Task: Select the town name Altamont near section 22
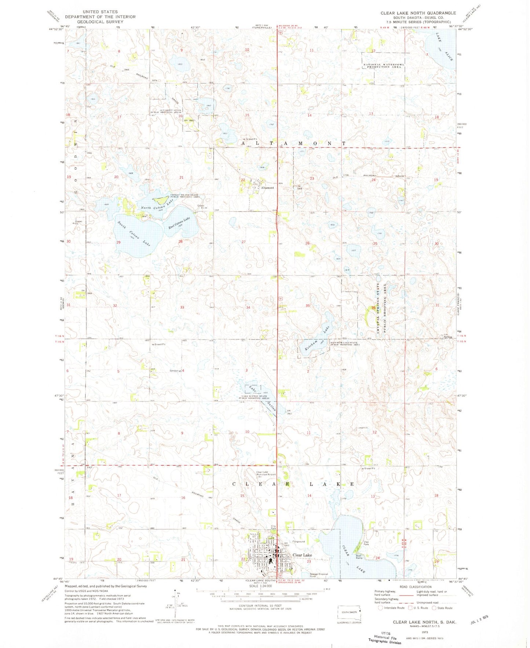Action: pyautogui.click(x=267, y=188)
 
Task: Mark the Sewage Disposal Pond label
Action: pyautogui.click(x=318, y=575)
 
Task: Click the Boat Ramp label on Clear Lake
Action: pyautogui.click(x=359, y=557)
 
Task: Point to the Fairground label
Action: pyautogui.click(x=299, y=542)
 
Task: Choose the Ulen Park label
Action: pyautogui.click(x=366, y=543)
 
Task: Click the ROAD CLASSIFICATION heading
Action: pyautogui.click(x=416, y=587)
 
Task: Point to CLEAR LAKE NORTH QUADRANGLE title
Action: pyautogui.click(x=418, y=13)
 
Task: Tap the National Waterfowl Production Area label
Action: pyautogui.click(x=383, y=66)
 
